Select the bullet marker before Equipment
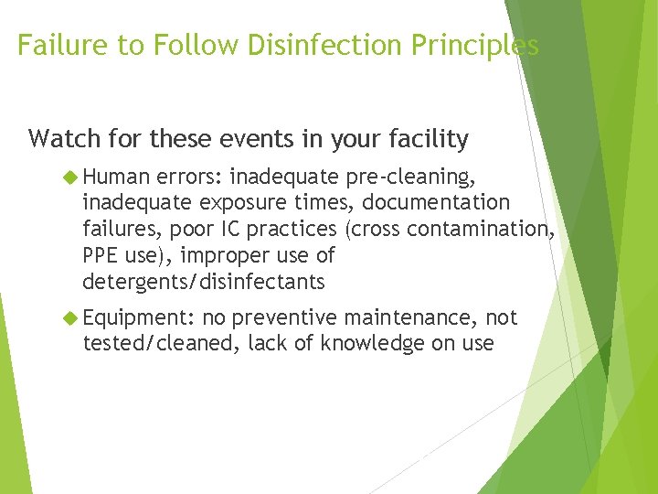[70, 318]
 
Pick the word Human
[117, 176]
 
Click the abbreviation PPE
[101, 254]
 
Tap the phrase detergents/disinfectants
[203, 281]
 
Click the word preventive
[284, 317]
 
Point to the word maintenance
[411, 317]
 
